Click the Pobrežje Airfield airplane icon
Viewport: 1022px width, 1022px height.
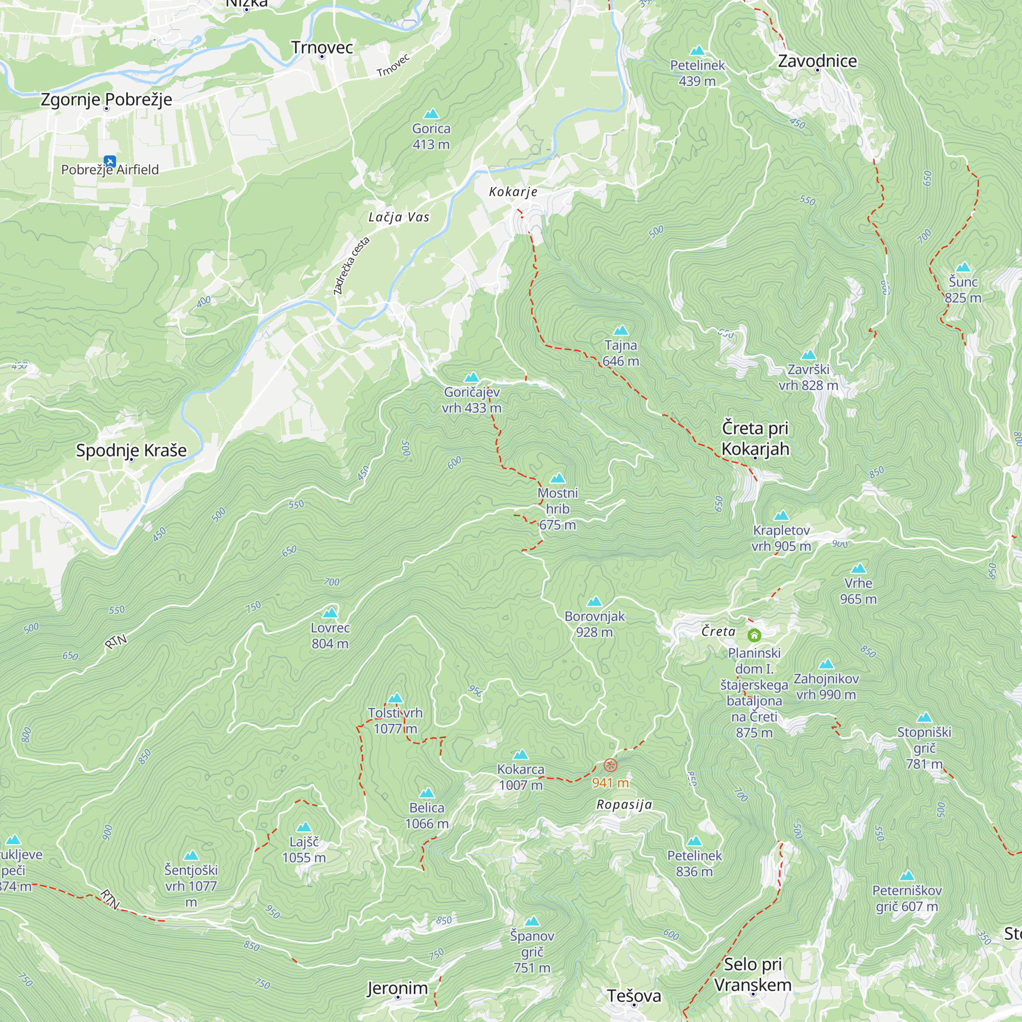tap(109, 161)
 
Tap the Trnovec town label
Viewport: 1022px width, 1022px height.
tap(321, 48)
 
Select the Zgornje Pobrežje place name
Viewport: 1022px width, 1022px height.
tap(106, 100)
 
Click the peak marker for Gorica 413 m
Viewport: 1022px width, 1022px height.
tap(432, 114)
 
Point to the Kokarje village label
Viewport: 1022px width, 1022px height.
tap(513, 192)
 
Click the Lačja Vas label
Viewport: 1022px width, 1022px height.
tap(399, 217)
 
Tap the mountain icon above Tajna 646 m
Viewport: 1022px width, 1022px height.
tap(620, 331)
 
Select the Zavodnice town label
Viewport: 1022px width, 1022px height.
tap(817, 61)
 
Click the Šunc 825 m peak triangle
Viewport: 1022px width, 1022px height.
tap(963, 267)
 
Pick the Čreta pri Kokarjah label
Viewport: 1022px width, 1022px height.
tap(755, 438)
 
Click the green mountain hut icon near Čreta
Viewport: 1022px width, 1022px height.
tap(754, 635)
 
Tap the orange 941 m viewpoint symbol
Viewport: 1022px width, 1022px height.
tap(611, 765)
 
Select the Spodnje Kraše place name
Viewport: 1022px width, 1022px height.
tap(131, 450)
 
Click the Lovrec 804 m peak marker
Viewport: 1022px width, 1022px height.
tap(330, 613)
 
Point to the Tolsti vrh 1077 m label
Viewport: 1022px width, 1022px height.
tap(395, 721)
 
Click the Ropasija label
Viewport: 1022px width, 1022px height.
tap(624, 805)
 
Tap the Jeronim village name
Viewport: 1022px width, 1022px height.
tap(397, 988)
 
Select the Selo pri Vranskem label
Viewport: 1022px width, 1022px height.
tap(753, 974)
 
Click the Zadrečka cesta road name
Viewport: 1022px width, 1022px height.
tap(351, 266)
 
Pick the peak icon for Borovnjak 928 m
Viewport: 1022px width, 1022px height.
tap(595, 601)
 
